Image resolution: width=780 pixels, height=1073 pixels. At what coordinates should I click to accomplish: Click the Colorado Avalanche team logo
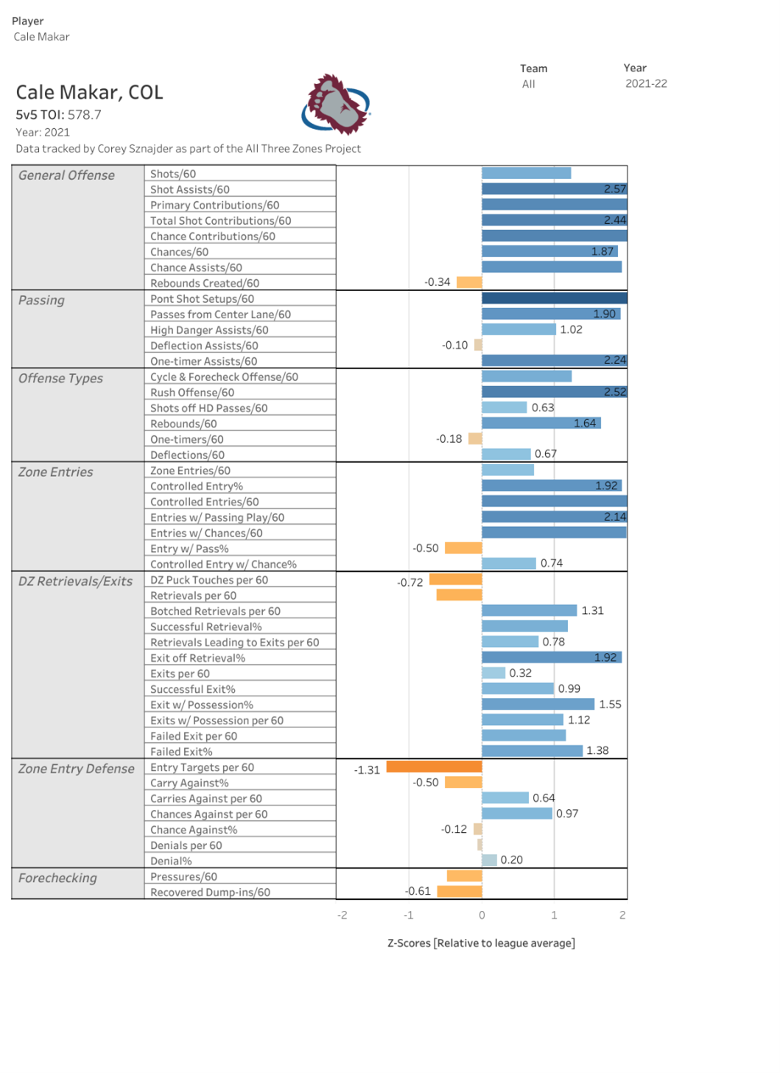click(x=336, y=105)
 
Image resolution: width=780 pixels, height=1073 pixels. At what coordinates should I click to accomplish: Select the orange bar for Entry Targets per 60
click(x=434, y=766)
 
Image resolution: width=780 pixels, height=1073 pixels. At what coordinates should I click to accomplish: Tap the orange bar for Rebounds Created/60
click(x=469, y=282)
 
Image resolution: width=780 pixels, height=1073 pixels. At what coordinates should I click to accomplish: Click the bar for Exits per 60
click(x=493, y=673)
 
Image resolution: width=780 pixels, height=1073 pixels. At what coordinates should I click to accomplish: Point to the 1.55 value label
click(x=610, y=705)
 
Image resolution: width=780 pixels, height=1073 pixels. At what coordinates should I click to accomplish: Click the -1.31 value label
click(x=367, y=770)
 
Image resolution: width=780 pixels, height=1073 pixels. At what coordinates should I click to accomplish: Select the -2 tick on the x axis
click(x=342, y=915)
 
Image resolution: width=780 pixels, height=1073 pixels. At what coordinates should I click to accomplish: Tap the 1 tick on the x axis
click(x=554, y=915)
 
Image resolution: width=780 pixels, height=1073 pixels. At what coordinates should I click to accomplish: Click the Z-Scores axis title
click(x=481, y=943)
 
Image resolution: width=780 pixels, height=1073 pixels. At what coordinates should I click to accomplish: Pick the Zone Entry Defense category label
click(x=77, y=769)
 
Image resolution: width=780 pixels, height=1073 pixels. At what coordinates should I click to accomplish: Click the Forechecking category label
click(x=57, y=878)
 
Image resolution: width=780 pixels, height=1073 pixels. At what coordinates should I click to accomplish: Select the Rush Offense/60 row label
click(x=192, y=393)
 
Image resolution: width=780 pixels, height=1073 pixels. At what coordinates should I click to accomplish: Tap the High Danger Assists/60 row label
click(x=209, y=330)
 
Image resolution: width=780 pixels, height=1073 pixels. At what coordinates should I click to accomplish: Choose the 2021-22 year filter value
click(x=646, y=84)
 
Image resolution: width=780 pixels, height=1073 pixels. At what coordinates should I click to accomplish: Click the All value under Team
click(x=528, y=84)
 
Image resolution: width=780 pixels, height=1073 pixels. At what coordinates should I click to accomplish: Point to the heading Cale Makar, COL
click(x=89, y=92)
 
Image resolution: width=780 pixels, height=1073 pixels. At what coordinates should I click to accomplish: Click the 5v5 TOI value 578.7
click(x=85, y=115)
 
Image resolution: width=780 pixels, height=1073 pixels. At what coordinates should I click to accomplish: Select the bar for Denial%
click(x=489, y=860)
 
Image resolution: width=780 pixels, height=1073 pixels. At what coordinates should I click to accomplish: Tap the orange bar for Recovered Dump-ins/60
click(x=460, y=892)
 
